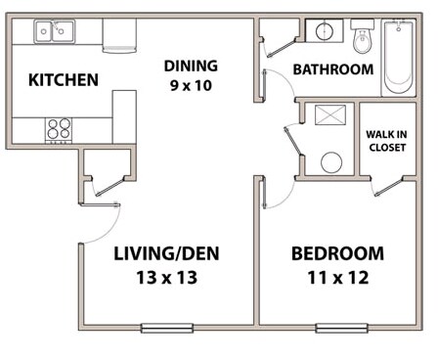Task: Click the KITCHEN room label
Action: pyautogui.click(x=63, y=79)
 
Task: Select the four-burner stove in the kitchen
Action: pyautogui.click(x=59, y=128)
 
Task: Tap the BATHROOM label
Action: pyautogui.click(x=332, y=69)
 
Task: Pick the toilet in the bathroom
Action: pyautogui.click(x=363, y=40)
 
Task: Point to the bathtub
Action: pyautogui.click(x=399, y=57)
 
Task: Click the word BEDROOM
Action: pyautogui.click(x=337, y=254)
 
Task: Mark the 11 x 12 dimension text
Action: pyautogui.click(x=337, y=279)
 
